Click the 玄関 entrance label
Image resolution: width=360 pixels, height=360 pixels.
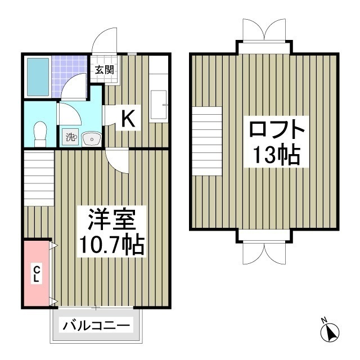click(x=104, y=70)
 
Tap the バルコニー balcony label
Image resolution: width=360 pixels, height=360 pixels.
click(x=97, y=325)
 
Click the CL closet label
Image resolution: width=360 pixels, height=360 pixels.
click(x=35, y=274)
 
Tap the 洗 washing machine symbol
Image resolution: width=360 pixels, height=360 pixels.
click(x=70, y=136)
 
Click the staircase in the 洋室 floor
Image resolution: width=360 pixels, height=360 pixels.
click(x=39, y=181)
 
